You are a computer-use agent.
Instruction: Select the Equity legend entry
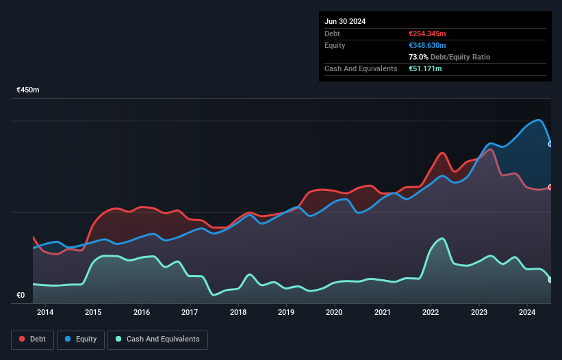point(81,339)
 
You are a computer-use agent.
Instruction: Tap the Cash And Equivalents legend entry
point(157,339)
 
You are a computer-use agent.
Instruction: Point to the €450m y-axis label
point(28,90)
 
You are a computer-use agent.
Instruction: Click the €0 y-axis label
point(21,296)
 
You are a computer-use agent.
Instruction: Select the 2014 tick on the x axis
point(45,313)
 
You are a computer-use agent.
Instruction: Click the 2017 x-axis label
point(190,313)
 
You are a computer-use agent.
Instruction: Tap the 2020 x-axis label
point(334,313)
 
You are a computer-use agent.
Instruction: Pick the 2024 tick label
point(527,313)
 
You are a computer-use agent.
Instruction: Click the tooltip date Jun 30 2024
point(345,21)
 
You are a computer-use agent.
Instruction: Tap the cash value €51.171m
point(424,68)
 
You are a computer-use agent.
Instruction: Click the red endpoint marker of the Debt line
point(550,187)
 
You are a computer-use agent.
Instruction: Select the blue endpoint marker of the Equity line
point(550,144)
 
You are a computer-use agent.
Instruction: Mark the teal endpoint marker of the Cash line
point(550,279)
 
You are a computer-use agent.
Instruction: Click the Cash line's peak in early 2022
point(443,239)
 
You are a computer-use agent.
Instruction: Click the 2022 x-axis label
point(431,313)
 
